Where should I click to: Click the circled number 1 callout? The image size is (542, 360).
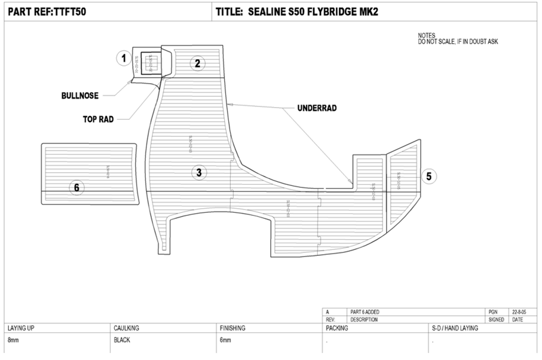tap(124, 58)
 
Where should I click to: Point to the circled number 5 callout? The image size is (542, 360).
tap(429, 176)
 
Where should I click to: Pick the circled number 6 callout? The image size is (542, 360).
tap(76, 187)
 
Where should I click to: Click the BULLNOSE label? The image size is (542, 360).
tap(79, 96)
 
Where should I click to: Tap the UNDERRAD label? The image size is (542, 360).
tap(317, 108)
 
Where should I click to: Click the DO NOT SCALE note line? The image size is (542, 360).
tap(458, 42)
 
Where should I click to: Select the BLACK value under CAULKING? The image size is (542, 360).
tap(122, 340)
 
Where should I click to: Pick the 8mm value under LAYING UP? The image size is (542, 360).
tap(13, 340)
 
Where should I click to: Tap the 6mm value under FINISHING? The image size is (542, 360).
tap(225, 340)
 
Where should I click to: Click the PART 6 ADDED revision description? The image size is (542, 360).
tap(365, 312)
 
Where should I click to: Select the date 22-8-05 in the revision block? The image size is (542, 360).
tap(519, 312)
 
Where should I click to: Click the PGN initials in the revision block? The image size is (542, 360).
tap(493, 312)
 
